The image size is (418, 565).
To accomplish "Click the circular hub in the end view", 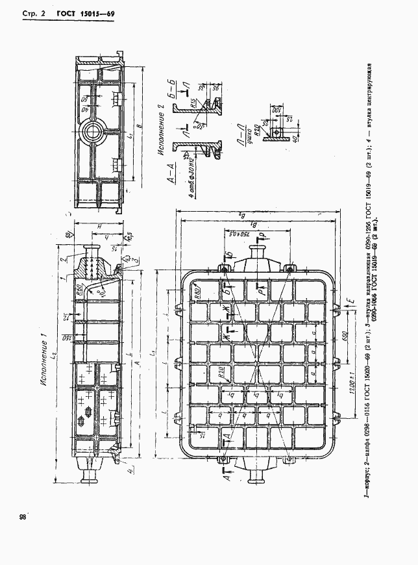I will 91,133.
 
